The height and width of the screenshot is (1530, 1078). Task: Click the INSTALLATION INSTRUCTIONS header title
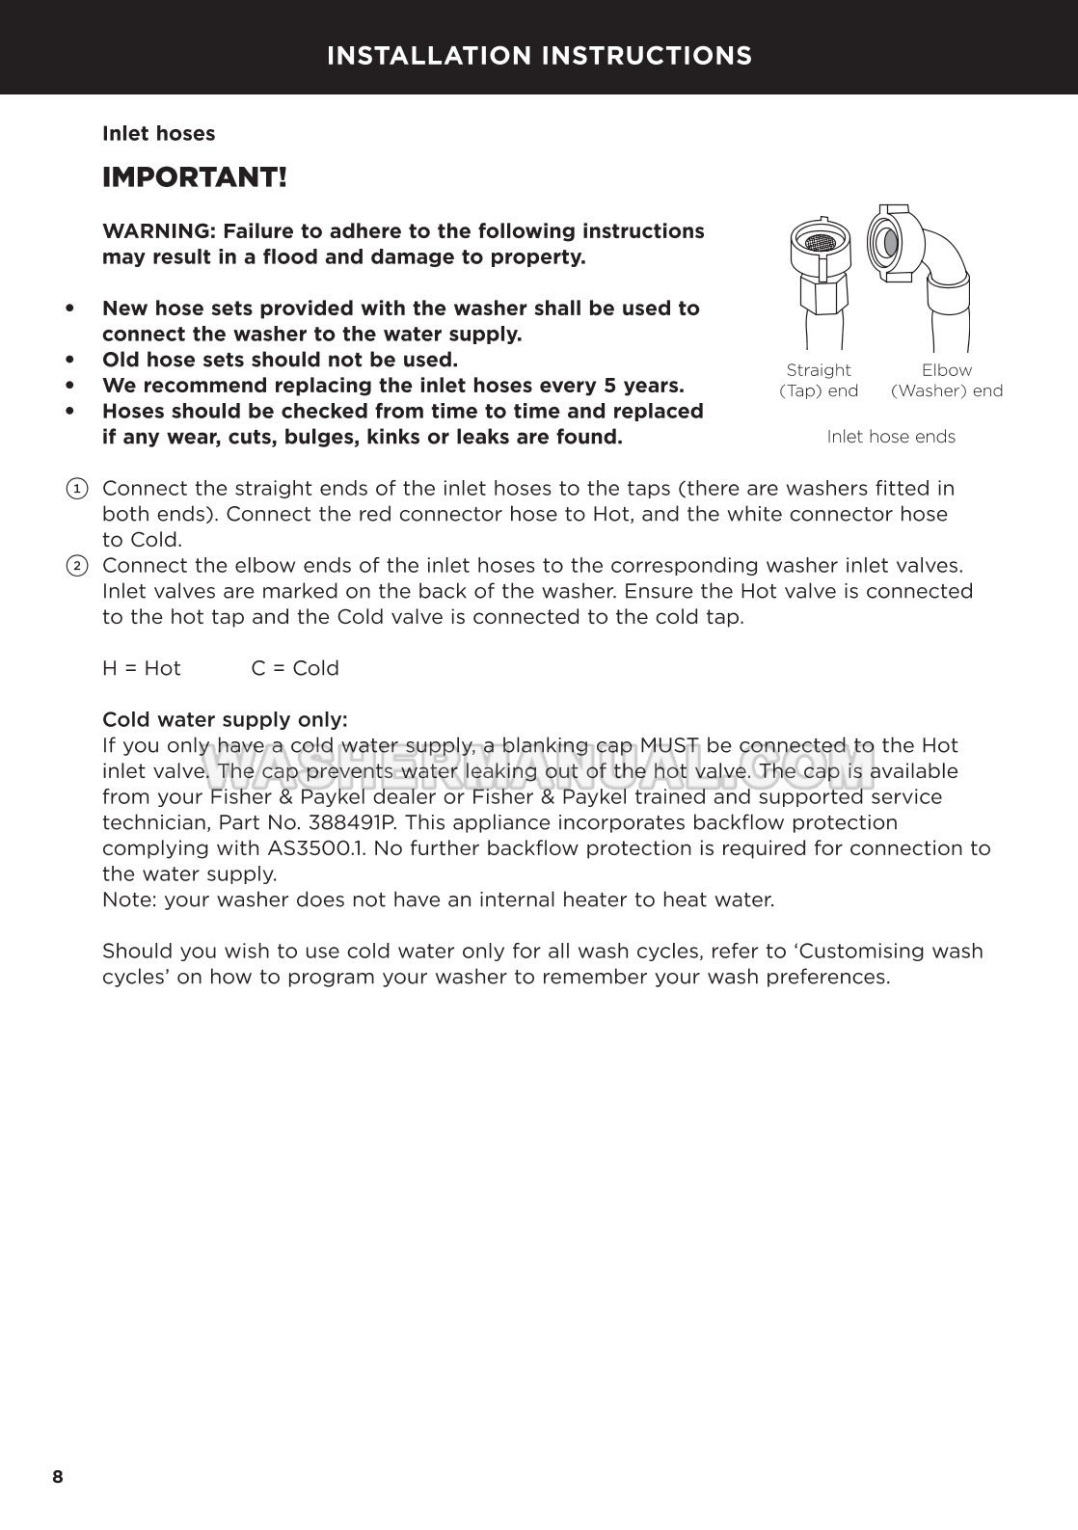[x=539, y=56]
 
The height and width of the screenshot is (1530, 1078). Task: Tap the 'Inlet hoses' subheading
[x=159, y=134]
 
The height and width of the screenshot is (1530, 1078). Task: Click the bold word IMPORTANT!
[x=195, y=178]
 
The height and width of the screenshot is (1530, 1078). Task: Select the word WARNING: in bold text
[x=159, y=231]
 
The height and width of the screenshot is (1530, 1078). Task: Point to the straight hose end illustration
[x=820, y=280]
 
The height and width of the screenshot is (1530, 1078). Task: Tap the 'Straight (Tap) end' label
[x=819, y=380]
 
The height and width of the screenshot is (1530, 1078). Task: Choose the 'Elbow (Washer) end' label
[x=947, y=380]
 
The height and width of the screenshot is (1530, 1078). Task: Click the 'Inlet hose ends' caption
[x=891, y=437]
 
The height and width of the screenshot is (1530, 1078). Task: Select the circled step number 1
[x=77, y=489]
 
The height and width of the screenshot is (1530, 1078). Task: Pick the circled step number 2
[x=77, y=566]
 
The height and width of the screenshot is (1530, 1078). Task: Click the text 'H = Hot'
[x=142, y=668]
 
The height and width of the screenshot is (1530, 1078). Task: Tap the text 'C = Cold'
[x=295, y=668]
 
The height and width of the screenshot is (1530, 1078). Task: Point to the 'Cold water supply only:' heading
[x=225, y=720]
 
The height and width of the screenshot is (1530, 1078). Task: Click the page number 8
[x=58, y=1477]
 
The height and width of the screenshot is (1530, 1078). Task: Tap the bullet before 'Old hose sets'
[x=69, y=360]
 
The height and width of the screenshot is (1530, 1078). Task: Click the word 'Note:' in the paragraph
[x=130, y=900]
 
